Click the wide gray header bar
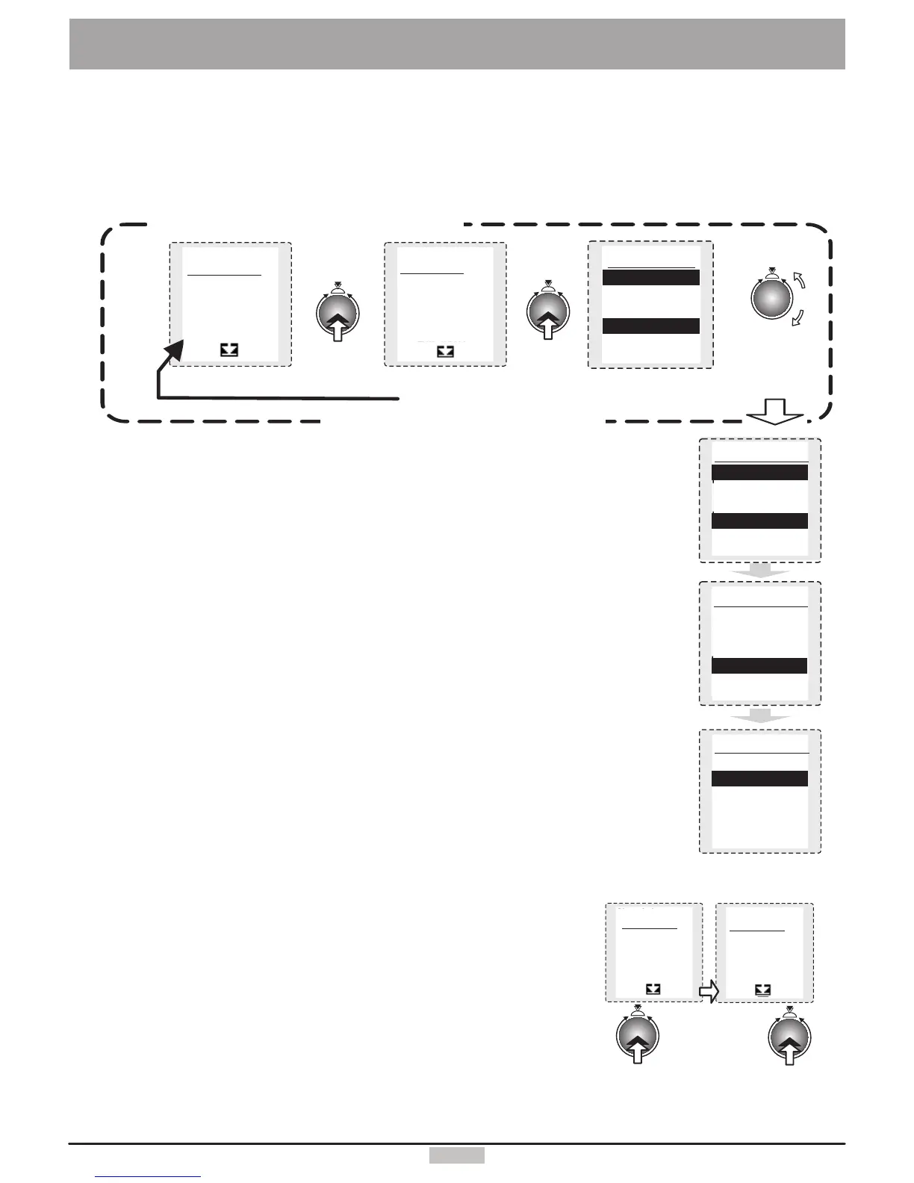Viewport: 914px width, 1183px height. (x=457, y=44)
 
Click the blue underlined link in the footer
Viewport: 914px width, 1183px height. (x=149, y=1178)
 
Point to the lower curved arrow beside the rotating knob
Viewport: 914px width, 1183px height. (x=798, y=317)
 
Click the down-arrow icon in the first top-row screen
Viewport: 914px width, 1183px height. (x=229, y=349)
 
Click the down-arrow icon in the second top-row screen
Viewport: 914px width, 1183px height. (x=445, y=350)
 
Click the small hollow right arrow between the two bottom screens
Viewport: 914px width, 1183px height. (x=708, y=991)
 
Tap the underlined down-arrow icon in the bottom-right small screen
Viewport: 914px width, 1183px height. (x=762, y=990)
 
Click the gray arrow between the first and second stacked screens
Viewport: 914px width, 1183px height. (x=759, y=571)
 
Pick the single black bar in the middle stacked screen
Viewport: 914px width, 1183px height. (x=759, y=666)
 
